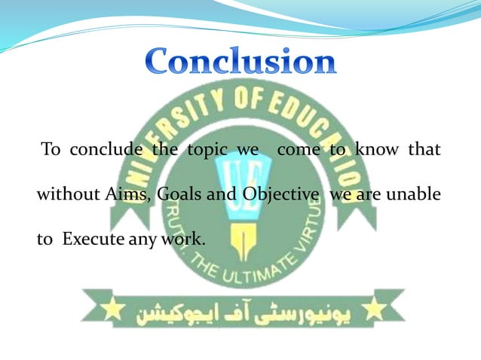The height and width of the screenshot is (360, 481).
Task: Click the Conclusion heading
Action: pyautogui.click(x=240, y=61)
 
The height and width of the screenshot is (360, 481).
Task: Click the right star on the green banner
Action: pyautogui.click(x=372, y=308)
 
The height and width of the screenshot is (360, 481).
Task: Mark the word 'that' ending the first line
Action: pyautogui.click(x=424, y=149)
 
